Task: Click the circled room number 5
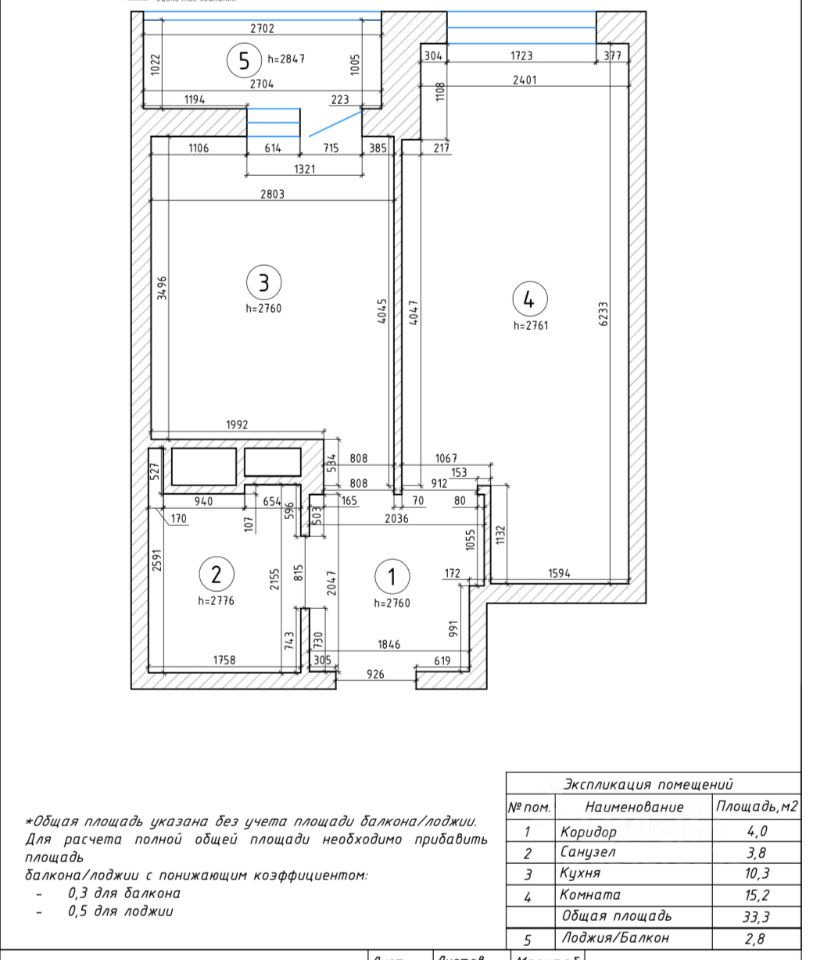[243, 61]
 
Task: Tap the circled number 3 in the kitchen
[264, 282]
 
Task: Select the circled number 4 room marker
[530, 298]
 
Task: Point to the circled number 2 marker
[216, 574]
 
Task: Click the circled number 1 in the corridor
[392, 576]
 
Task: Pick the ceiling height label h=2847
[286, 60]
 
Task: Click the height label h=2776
[216, 602]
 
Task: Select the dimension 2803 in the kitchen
[271, 194]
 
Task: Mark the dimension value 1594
[560, 573]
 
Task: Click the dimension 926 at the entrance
[375, 675]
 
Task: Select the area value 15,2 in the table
[756, 895]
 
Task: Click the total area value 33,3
[756, 916]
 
